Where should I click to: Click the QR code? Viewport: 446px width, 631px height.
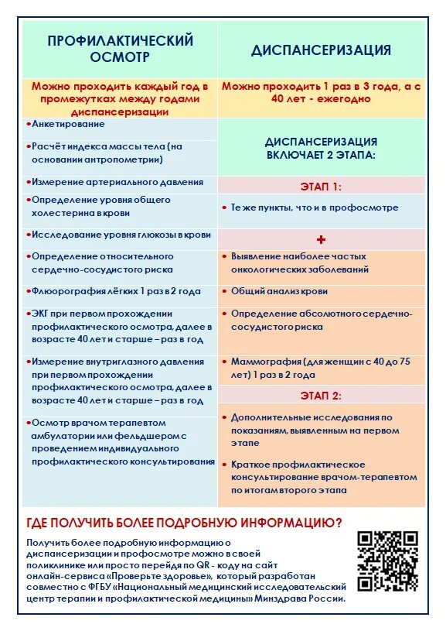coord(388,561)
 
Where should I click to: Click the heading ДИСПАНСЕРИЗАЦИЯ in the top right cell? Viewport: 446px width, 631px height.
coord(321,50)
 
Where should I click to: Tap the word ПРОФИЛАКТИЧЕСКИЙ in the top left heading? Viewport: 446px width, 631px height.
coord(120,41)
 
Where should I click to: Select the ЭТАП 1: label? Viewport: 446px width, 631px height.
coord(321,187)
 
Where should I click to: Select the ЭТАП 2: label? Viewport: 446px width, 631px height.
coord(321,396)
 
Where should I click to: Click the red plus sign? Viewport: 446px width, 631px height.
coord(321,239)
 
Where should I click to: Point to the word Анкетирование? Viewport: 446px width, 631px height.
coord(68,124)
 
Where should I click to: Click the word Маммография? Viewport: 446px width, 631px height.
coord(265,361)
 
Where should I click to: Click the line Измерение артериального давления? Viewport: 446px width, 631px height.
coord(117,182)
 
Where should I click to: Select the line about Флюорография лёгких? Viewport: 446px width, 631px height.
coord(116,291)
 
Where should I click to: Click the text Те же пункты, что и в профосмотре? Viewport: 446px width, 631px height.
coord(315,207)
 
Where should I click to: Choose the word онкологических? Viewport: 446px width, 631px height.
coord(271,269)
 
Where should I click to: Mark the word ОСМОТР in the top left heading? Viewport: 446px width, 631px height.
coord(120,58)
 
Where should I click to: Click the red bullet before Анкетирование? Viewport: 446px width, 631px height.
coord(28,124)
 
